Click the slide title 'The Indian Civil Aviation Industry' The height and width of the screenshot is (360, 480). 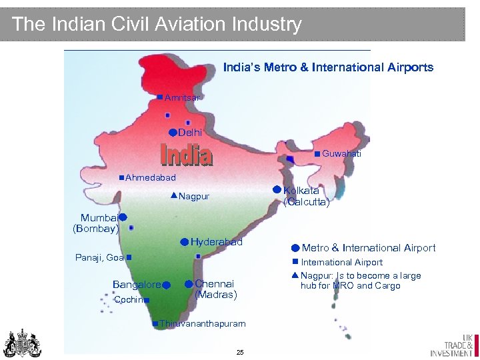157,25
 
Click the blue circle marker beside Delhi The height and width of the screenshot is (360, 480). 172,132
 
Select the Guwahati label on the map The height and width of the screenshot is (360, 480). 341,154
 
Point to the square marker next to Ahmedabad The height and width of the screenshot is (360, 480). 121,177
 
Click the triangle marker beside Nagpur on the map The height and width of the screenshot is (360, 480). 173,195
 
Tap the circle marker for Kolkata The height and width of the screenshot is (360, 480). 277,189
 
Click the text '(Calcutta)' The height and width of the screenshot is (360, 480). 306,203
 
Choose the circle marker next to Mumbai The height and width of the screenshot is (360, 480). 123,217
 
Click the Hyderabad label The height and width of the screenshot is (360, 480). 216,242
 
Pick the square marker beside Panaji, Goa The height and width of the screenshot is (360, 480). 128,257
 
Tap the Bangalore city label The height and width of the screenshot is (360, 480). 136,285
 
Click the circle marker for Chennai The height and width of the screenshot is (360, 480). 189,285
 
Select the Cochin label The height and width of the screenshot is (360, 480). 128,300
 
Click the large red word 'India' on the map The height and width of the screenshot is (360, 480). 187,155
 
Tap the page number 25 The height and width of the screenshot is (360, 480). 240,351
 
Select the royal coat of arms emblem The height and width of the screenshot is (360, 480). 22,343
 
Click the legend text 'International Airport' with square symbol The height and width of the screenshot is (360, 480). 341,262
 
